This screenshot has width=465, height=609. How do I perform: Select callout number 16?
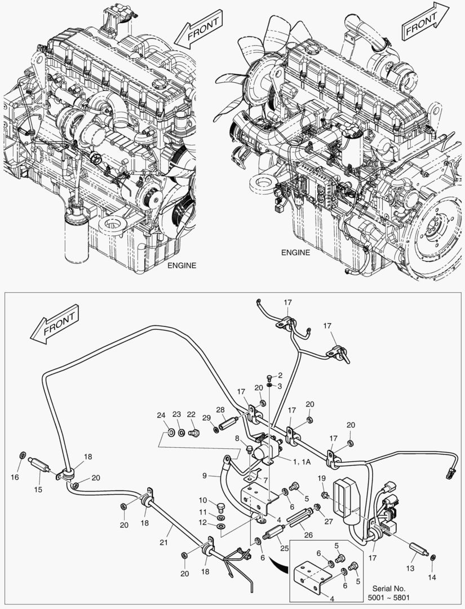pos(15,477)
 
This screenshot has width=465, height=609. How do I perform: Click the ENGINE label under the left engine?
pos(181,266)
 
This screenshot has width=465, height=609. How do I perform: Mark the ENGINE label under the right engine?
pos(296,252)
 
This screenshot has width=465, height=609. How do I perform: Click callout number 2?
pos(280,374)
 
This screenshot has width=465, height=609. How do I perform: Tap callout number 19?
pos(321,479)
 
